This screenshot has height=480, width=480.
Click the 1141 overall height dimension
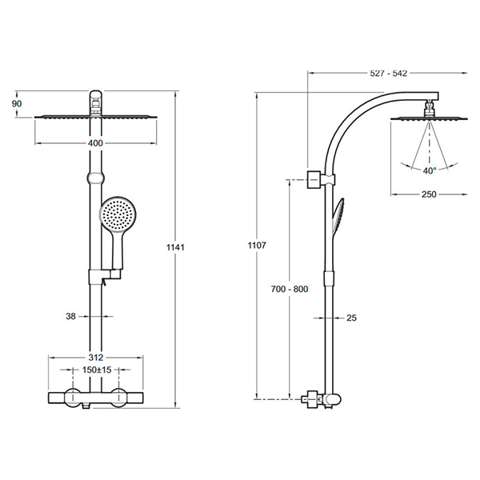click(x=175, y=246)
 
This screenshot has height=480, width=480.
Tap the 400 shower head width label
click(x=95, y=143)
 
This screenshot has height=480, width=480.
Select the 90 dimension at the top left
click(x=17, y=103)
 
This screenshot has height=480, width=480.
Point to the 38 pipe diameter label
click(x=70, y=316)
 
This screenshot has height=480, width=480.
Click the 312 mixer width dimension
click(x=96, y=358)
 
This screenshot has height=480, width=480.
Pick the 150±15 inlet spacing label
click(x=97, y=370)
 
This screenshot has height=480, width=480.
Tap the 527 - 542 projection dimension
click(x=389, y=73)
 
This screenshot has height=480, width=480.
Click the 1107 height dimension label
click(x=257, y=246)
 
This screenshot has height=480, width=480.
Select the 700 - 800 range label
click(x=290, y=289)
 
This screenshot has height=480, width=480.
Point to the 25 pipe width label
click(x=351, y=318)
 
